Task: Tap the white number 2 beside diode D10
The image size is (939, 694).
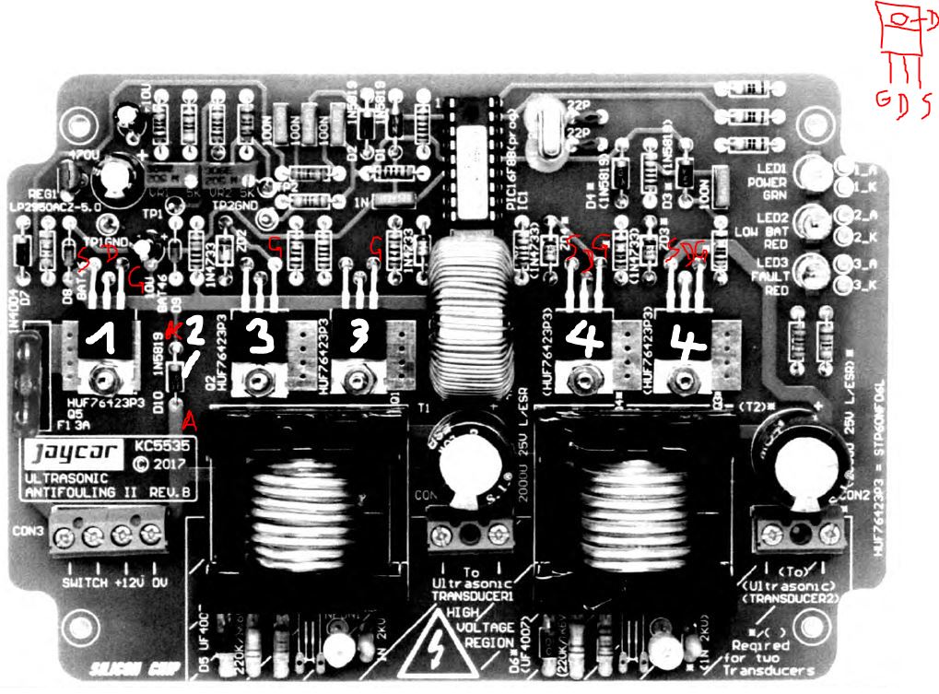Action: coord(195,334)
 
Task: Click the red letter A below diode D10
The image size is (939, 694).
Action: coord(191,422)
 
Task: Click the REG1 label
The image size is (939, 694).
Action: coord(44,194)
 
